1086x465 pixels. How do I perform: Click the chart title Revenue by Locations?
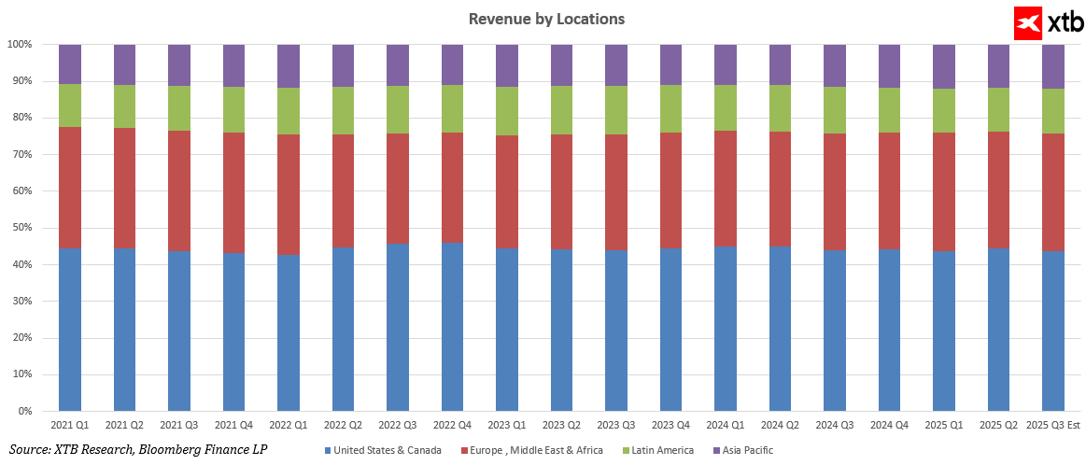click(x=546, y=19)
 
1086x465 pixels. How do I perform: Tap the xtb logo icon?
click(x=1029, y=22)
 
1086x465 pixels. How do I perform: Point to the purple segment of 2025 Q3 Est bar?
click(x=1053, y=65)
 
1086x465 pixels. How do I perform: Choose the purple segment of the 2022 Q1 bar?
click(x=289, y=65)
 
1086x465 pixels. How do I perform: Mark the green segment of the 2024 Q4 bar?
click(x=889, y=109)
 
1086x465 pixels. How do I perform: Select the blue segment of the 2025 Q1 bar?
click(x=944, y=331)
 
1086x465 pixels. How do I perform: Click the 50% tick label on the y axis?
click(x=20, y=228)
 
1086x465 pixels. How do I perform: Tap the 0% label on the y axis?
click(x=23, y=411)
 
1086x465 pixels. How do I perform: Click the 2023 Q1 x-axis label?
click(x=507, y=426)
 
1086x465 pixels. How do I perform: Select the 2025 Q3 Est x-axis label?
click(x=1053, y=426)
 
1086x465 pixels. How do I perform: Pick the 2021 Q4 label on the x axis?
click(x=233, y=426)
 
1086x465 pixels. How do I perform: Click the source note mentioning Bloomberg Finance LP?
click(x=138, y=450)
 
